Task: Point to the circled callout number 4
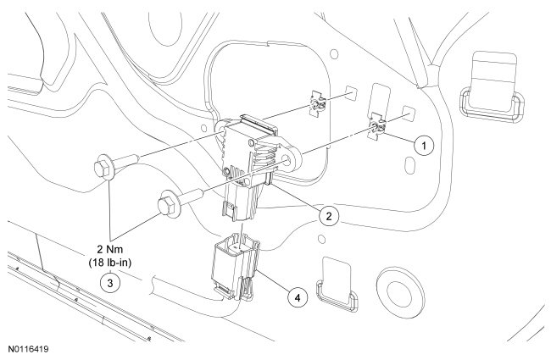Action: point(297,297)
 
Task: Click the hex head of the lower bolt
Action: point(164,205)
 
